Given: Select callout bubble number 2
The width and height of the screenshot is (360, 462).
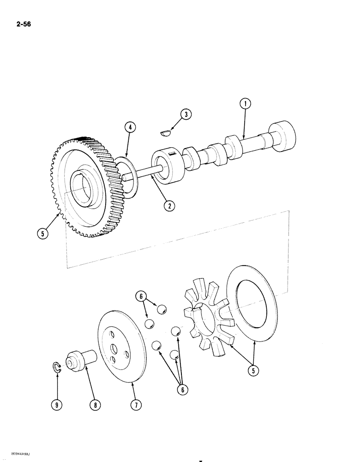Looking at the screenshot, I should click(x=170, y=207).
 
